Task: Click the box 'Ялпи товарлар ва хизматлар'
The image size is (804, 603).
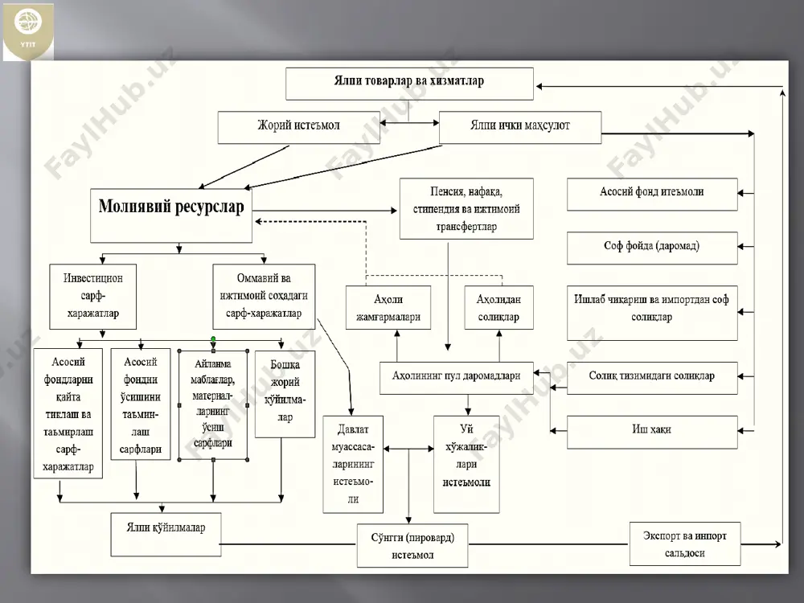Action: point(409,84)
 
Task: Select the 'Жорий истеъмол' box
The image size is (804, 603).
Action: point(298,127)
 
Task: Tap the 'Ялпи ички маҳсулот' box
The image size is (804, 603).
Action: point(520,127)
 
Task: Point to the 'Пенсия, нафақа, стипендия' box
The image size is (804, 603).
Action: point(466,209)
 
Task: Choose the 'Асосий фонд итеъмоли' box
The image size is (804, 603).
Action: point(652,195)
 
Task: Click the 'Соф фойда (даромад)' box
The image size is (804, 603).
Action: point(652,248)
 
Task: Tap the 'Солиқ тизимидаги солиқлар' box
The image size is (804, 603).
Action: point(652,378)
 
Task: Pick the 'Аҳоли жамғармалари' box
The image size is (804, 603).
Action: point(388,307)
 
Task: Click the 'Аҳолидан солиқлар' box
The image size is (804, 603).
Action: point(499,307)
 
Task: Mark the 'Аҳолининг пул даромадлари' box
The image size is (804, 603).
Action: point(457,378)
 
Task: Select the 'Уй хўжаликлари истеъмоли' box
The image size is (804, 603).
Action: point(466,464)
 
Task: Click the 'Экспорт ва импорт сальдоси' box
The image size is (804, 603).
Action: point(684,544)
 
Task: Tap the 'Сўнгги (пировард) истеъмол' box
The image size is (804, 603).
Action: point(412,546)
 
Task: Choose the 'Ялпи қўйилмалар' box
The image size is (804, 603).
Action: point(166,535)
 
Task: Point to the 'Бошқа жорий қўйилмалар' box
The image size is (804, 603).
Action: point(285,394)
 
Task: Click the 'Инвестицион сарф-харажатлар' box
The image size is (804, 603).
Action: point(92,297)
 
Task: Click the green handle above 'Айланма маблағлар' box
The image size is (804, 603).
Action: point(213,339)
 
